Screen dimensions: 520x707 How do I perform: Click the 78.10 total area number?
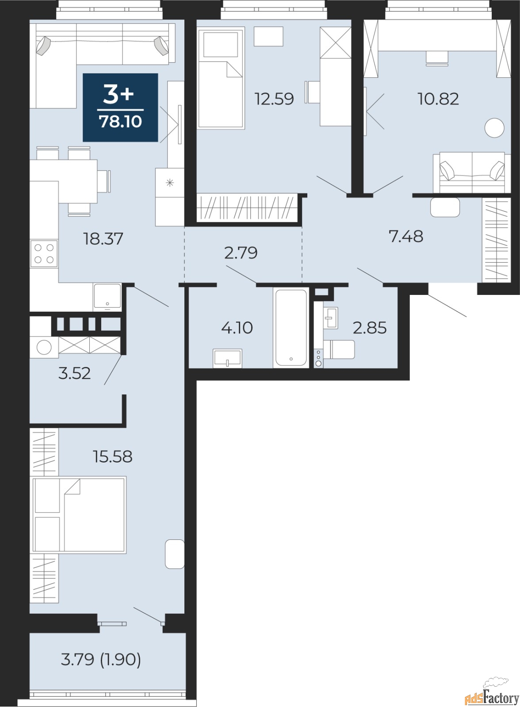coord(120,122)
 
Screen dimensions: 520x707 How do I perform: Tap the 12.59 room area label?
coord(274,99)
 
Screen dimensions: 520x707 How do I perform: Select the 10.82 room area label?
coord(438,99)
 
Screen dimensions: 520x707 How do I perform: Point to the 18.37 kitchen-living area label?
coord(103,239)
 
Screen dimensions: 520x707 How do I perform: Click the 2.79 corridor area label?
coord(241,253)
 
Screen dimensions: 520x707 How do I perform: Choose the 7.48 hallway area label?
coord(406,237)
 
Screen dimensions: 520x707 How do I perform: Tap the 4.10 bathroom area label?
coord(237,328)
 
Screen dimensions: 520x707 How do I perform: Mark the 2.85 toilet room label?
coord(369,328)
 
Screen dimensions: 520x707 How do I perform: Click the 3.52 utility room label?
coord(75,373)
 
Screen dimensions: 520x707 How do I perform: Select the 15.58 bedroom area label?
coord(112,456)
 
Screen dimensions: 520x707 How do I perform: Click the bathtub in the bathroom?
coord(291,328)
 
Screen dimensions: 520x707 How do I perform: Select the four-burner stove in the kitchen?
coord(44,253)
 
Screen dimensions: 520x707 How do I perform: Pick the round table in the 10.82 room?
coord(494,127)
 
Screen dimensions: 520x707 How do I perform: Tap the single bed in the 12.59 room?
coord(221,78)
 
